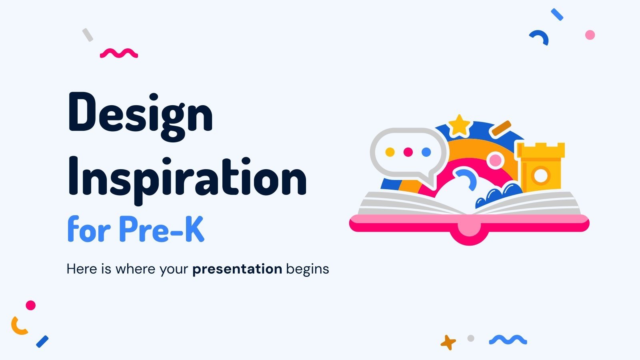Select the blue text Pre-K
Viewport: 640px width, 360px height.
coord(162,230)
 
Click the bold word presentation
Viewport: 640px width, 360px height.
coord(237,269)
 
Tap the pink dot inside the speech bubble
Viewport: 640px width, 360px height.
coord(408,152)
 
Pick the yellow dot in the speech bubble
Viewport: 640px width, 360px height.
coord(390,152)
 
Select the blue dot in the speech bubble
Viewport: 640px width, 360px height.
coord(426,152)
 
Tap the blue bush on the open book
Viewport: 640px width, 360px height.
coord(498,196)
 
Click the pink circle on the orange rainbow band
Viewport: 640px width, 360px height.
coord(495,160)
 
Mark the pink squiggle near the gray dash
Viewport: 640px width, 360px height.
coord(119,53)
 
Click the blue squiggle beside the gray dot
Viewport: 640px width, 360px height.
coord(508,340)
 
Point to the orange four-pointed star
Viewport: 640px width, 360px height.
coord(448,342)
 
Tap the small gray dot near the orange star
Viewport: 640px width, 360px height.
coord(471,338)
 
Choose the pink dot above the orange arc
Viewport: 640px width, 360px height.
coord(31,306)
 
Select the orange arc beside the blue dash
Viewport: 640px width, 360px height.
coord(18,326)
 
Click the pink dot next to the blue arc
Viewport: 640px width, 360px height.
coord(590,35)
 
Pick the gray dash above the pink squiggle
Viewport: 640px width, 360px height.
coord(88,35)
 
